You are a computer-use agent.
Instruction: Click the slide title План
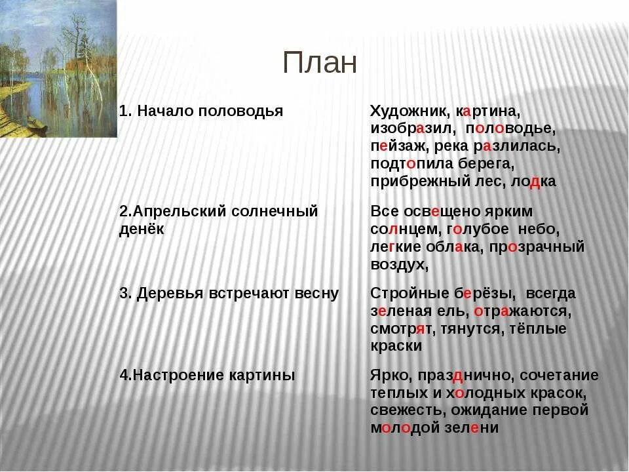(x=320, y=63)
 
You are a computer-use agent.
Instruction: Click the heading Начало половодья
(x=202, y=111)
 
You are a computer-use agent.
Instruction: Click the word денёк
(x=142, y=229)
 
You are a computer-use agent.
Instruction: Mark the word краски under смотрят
(x=396, y=346)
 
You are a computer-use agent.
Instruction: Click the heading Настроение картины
(x=207, y=376)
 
